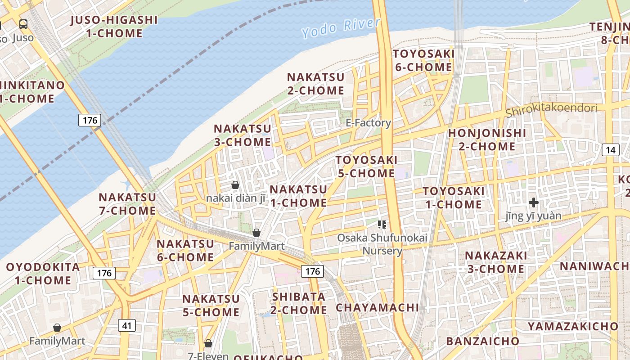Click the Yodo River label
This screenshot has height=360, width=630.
click(341, 28)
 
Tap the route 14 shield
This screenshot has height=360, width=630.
click(610, 150)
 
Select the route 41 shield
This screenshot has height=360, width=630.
click(127, 325)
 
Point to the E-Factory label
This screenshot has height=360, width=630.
click(368, 123)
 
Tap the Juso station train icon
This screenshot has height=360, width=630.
click(23, 24)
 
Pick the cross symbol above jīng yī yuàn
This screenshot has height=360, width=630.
click(534, 202)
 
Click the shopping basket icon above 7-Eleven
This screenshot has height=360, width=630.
click(208, 343)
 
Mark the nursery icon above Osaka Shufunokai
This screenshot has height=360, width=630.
click(382, 224)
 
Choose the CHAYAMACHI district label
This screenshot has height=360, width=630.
click(377, 308)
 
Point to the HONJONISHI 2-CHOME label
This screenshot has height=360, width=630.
click(487, 139)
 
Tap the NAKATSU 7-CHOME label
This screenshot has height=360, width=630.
click(127, 204)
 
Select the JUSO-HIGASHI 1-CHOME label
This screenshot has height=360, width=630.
click(114, 27)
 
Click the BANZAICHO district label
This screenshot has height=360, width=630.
click(482, 341)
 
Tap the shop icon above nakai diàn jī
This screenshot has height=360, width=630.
click(235, 185)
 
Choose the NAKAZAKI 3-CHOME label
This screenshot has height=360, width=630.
click(495, 262)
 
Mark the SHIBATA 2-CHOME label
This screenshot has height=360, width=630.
click(299, 303)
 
